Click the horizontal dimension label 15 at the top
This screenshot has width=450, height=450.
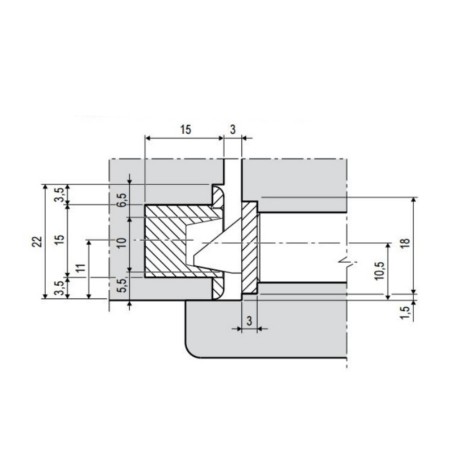186,129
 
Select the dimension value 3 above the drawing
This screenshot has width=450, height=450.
233,129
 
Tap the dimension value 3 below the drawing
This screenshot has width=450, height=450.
249,321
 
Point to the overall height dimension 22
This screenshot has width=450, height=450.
38,241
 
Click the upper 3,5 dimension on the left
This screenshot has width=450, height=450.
59,195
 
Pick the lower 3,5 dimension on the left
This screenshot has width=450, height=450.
59,288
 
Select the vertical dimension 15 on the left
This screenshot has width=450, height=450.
59,239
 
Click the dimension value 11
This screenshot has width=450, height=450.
81,268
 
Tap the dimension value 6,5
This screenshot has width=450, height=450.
122,200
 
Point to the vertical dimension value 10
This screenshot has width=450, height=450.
122,242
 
